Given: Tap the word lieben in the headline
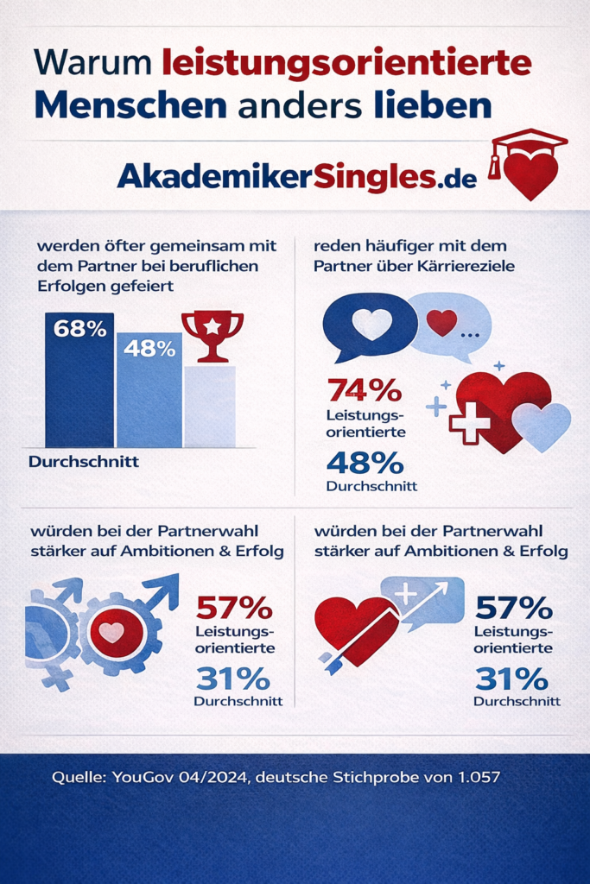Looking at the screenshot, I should click(x=433, y=104).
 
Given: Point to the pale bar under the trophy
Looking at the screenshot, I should click(x=210, y=406).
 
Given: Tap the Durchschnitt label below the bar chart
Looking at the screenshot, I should click(x=84, y=462).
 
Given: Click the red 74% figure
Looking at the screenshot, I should click(x=364, y=390).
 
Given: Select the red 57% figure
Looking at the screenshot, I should click(x=234, y=608).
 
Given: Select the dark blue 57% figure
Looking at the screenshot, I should click(x=514, y=608).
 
